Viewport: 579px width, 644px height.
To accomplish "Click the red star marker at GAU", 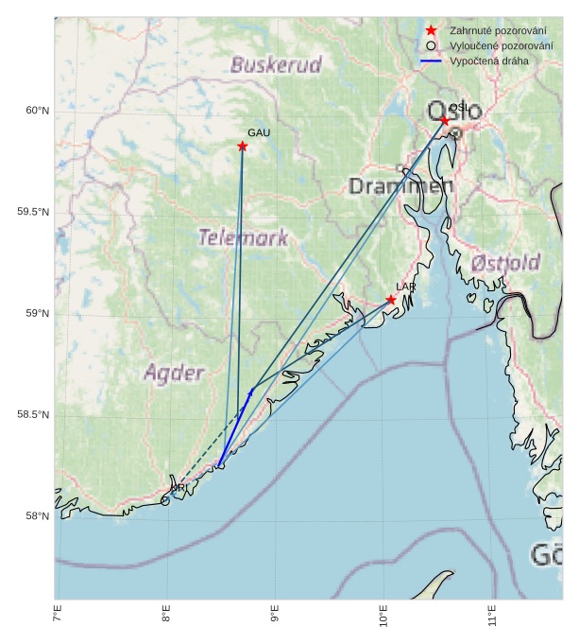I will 243,146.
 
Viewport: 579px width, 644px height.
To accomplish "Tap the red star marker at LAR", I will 391,300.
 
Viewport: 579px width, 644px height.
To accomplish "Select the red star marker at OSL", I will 445,120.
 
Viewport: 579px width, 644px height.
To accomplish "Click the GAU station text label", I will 259,132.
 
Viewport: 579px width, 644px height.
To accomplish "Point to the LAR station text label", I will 406,287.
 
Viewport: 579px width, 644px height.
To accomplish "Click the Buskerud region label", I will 276,65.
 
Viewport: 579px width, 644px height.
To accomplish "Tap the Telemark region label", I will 243,237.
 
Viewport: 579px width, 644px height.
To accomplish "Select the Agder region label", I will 174,373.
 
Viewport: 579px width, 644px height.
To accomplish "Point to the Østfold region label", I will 505,262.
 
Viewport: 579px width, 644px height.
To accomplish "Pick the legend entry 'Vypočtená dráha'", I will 489,61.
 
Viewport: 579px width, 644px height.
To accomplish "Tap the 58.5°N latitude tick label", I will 33,415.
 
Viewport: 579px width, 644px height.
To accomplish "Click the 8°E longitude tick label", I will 166,619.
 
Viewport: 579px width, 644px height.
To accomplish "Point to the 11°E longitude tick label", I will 492,619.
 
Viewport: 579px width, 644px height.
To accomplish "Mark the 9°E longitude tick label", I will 275,619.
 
